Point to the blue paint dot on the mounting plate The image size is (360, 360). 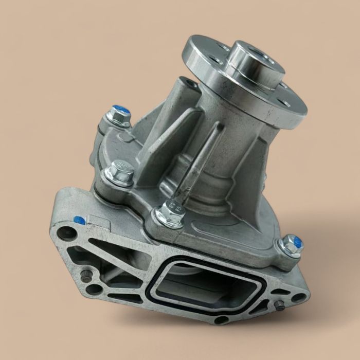pos(80,220)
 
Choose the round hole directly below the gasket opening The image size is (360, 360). pos(221,320)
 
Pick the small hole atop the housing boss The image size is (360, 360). pos(191,83)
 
